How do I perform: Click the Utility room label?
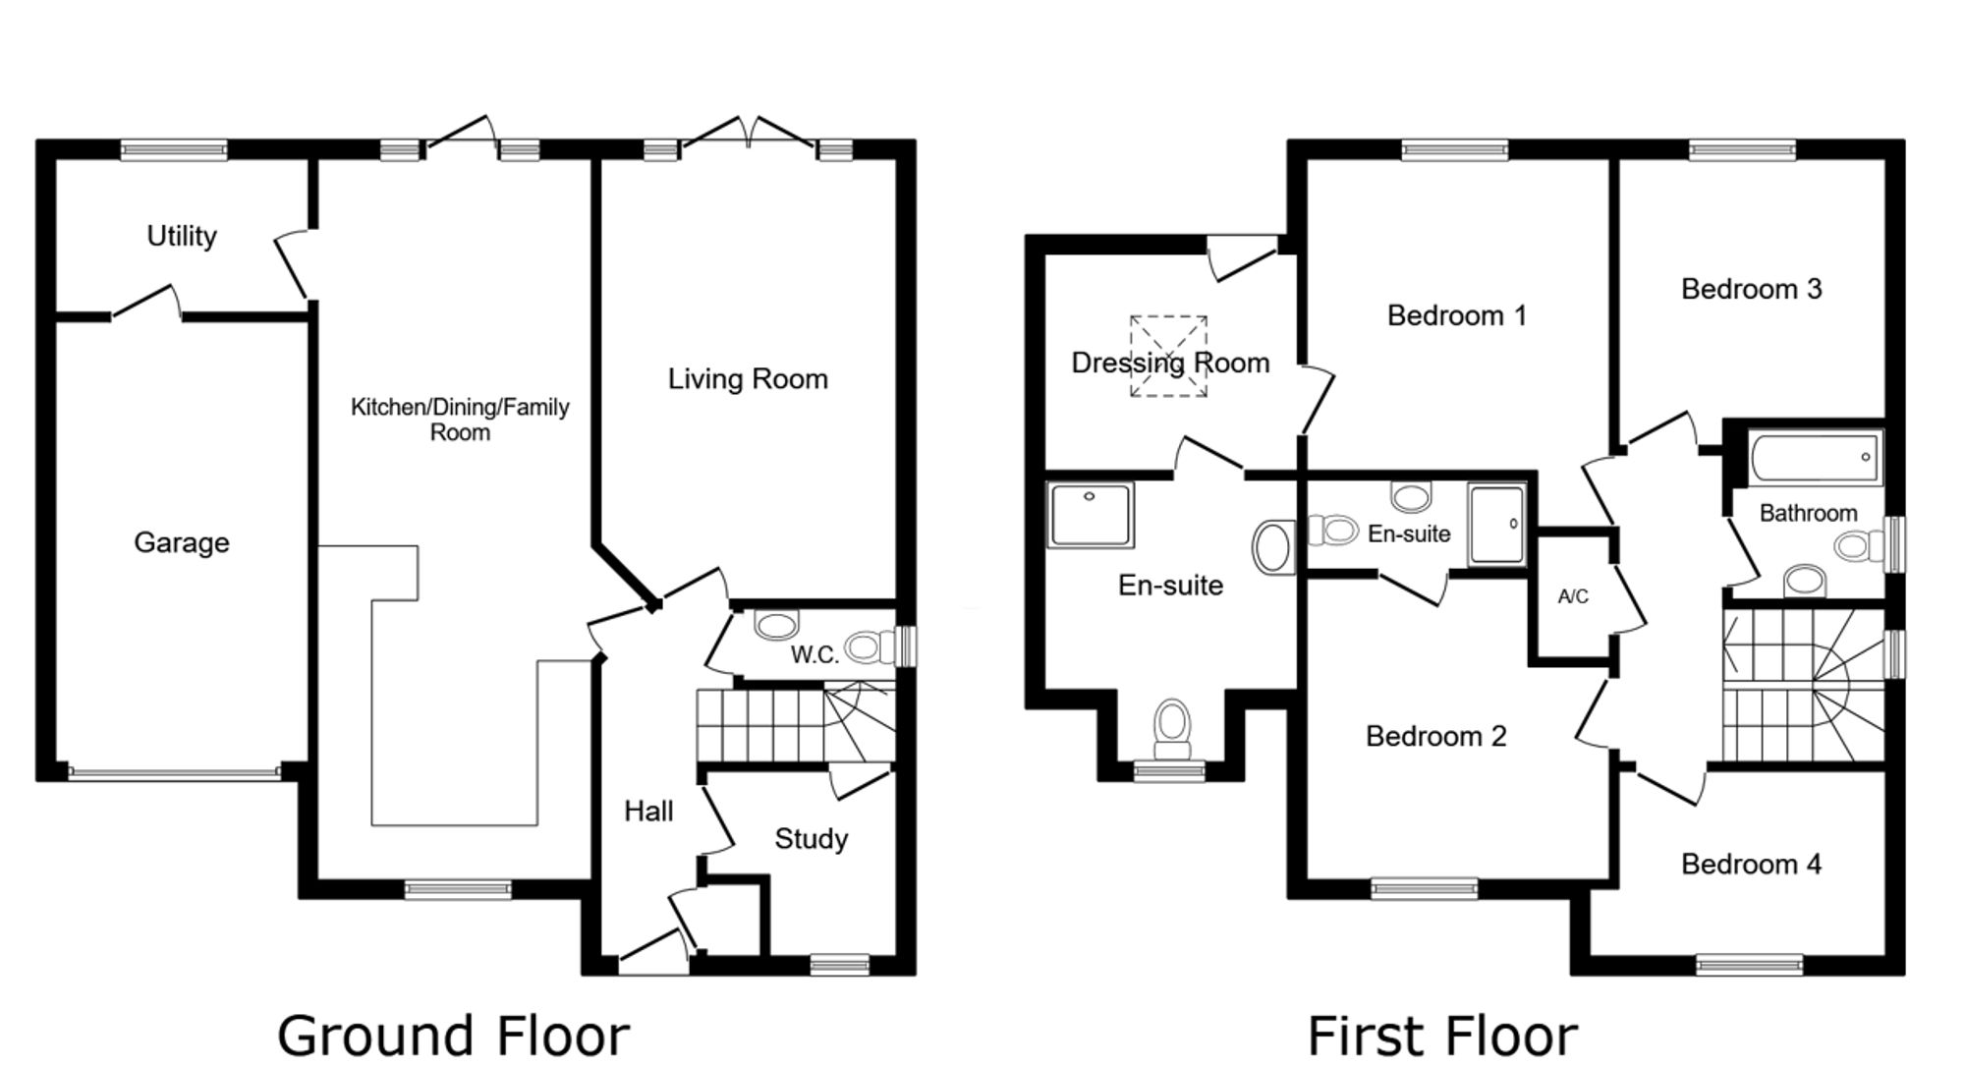[x=182, y=237]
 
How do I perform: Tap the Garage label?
[x=182, y=542]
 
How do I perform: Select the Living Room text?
[x=748, y=379]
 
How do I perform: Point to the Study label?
[x=812, y=839]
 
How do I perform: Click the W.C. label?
[x=814, y=654]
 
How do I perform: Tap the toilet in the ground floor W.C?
[x=869, y=647]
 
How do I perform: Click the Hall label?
[x=648, y=812]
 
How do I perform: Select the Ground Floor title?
[x=453, y=1036]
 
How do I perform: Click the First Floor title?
[x=1442, y=1036]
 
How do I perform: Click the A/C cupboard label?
[x=1573, y=596]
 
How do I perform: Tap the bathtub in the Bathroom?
[x=1816, y=457]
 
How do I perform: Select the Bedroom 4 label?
[x=1751, y=865]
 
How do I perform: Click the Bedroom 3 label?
[x=1751, y=289]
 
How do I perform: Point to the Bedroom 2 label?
[x=1435, y=737]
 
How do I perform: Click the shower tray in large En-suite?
[x=1090, y=514]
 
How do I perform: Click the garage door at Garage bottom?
[x=175, y=773]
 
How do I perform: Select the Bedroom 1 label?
[x=1457, y=316]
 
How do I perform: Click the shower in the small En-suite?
[x=1497, y=524]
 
